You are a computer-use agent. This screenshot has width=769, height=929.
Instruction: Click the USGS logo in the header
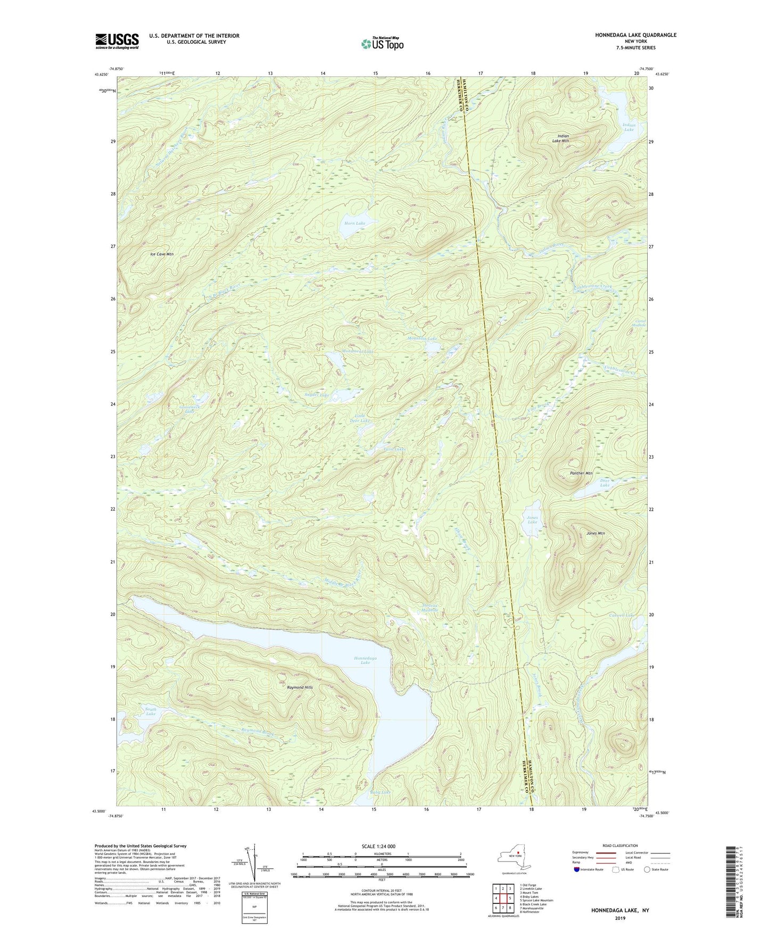(117, 41)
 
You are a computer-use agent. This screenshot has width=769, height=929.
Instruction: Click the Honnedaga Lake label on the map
(365, 660)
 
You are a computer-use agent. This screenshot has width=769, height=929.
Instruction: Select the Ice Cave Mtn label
(162, 254)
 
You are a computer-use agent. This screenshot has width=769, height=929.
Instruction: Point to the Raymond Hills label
(300, 687)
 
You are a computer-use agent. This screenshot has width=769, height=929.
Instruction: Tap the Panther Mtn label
(581, 473)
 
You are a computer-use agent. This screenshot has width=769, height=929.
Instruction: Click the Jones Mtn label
(596, 533)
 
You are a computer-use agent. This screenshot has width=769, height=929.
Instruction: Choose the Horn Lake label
(354, 223)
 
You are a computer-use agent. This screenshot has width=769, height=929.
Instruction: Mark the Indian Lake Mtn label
(563, 138)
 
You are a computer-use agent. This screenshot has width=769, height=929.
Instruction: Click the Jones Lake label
(532, 520)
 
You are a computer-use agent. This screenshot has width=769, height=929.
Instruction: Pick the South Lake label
(151, 711)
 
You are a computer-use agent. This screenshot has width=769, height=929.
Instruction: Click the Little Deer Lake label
(362, 418)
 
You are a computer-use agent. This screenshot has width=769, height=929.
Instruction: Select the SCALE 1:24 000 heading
(381, 847)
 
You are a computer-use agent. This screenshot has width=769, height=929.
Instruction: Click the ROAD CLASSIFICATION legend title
(621, 845)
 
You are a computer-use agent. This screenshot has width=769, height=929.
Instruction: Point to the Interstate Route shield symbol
(577, 869)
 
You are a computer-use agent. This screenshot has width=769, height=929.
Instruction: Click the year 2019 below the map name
(621, 918)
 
